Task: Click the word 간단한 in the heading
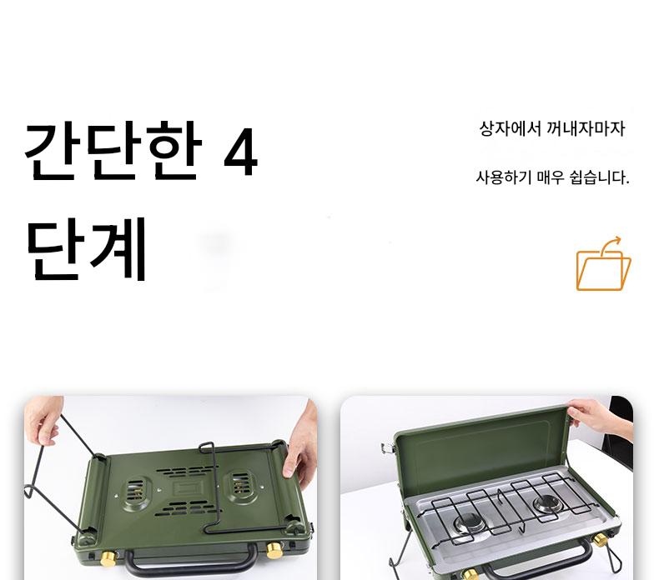(x=113, y=150)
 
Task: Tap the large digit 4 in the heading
(x=240, y=151)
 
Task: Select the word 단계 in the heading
(x=87, y=249)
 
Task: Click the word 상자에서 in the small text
(x=511, y=128)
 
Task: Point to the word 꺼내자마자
(x=586, y=128)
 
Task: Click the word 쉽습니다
(x=599, y=177)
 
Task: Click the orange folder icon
(x=603, y=265)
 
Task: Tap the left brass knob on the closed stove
(x=108, y=558)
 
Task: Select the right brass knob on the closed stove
(x=274, y=550)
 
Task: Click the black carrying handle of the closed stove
(x=191, y=562)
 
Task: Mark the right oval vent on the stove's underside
(x=241, y=486)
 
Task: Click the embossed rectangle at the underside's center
(x=188, y=488)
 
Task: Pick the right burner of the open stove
(x=548, y=504)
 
